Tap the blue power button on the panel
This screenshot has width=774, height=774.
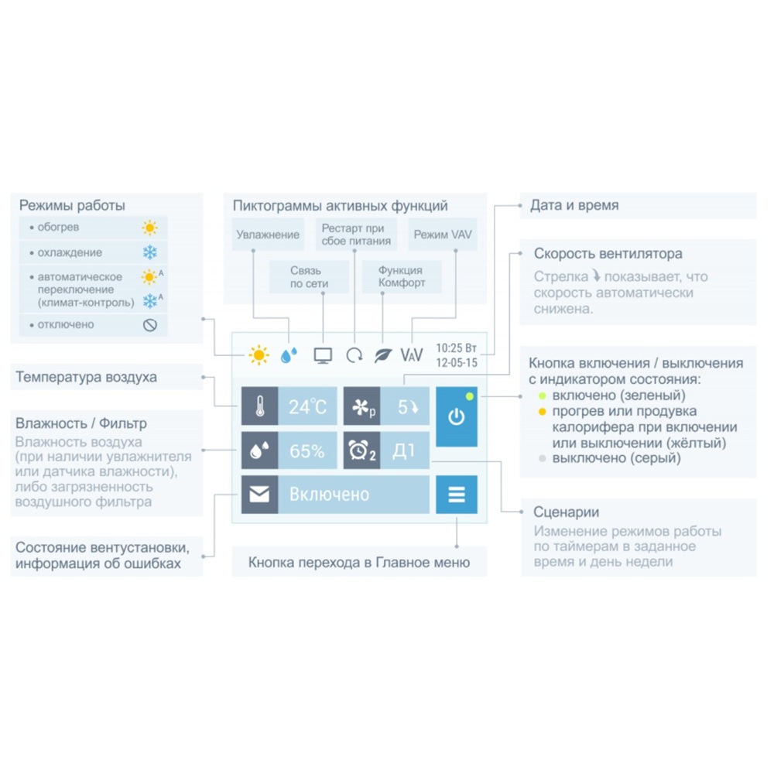[457, 416]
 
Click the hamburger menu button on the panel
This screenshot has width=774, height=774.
[457, 494]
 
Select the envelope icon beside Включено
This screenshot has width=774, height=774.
[259, 494]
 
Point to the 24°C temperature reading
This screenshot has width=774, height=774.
[307, 407]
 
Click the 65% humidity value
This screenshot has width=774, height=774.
[307, 450]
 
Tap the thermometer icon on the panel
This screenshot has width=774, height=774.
[259, 406]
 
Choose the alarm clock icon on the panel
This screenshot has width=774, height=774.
[358, 450]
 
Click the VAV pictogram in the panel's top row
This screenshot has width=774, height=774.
[412, 355]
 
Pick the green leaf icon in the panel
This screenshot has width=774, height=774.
[383, 355]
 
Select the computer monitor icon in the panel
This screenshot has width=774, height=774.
[323, 355]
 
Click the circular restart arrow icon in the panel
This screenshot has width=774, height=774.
[354, 355]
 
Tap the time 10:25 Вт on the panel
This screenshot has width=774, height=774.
[456, 348]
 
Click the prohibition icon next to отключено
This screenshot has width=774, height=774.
[150, 325]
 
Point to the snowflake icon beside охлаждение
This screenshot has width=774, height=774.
[150, 252]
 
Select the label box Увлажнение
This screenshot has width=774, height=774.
[268, 235]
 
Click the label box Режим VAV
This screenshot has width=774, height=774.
[443, 235]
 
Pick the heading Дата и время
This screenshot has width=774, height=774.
[574, 205]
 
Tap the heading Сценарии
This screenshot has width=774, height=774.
[567, 512]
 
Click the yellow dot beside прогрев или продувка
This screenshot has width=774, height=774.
[542, 411]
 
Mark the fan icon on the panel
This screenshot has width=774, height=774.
[361, 407]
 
